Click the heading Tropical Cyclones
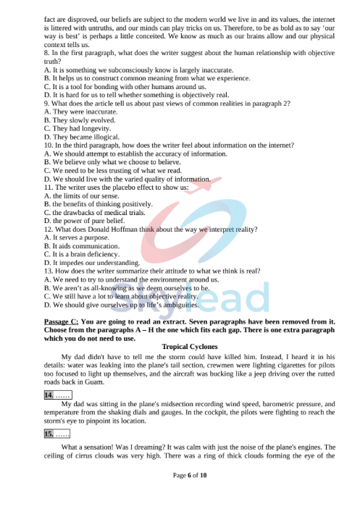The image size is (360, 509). [x=189, y=347]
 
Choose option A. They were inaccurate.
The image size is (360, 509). [x=78, y=112]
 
